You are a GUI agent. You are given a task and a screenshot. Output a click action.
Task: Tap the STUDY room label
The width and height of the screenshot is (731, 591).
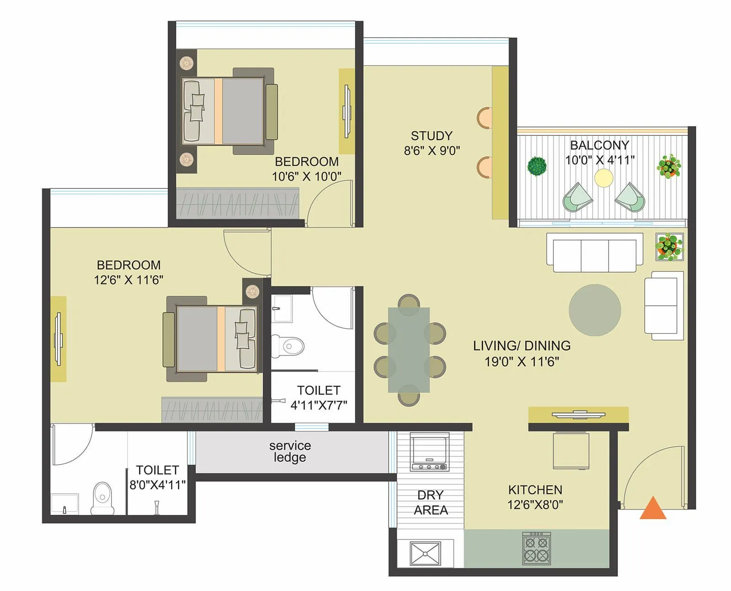(x=431, y=136)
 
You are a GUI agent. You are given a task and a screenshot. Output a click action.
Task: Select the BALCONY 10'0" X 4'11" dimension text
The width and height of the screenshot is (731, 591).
(x=599, y=160)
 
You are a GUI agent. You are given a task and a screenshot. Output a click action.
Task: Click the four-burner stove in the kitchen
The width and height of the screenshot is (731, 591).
(x=536, y=548)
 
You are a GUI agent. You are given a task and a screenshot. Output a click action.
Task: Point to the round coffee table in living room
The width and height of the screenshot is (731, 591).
(x=594, y=310)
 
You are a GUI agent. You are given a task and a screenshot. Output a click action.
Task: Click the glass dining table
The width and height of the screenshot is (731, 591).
(x=409, y=350)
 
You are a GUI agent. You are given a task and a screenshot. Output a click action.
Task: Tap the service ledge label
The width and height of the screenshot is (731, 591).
(x=290, y=451)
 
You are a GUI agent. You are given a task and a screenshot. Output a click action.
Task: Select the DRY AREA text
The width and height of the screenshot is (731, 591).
(x=430, y=502)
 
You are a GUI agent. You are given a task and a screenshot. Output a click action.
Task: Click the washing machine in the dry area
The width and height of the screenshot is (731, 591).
(x=429, y=451)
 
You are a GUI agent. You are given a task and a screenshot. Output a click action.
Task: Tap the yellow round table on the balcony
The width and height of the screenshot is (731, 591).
(x=604, y=178)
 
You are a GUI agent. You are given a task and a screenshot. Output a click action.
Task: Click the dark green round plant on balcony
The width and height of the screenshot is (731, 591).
(x=537, y=166)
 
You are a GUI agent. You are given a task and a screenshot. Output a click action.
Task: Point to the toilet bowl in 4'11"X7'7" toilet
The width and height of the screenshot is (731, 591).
(x=289, y=346)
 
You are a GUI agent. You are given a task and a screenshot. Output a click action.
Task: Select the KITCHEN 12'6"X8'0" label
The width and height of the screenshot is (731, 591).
(x=535, y=497)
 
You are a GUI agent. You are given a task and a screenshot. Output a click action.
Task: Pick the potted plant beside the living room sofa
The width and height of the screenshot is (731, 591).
(x=669, y=246)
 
